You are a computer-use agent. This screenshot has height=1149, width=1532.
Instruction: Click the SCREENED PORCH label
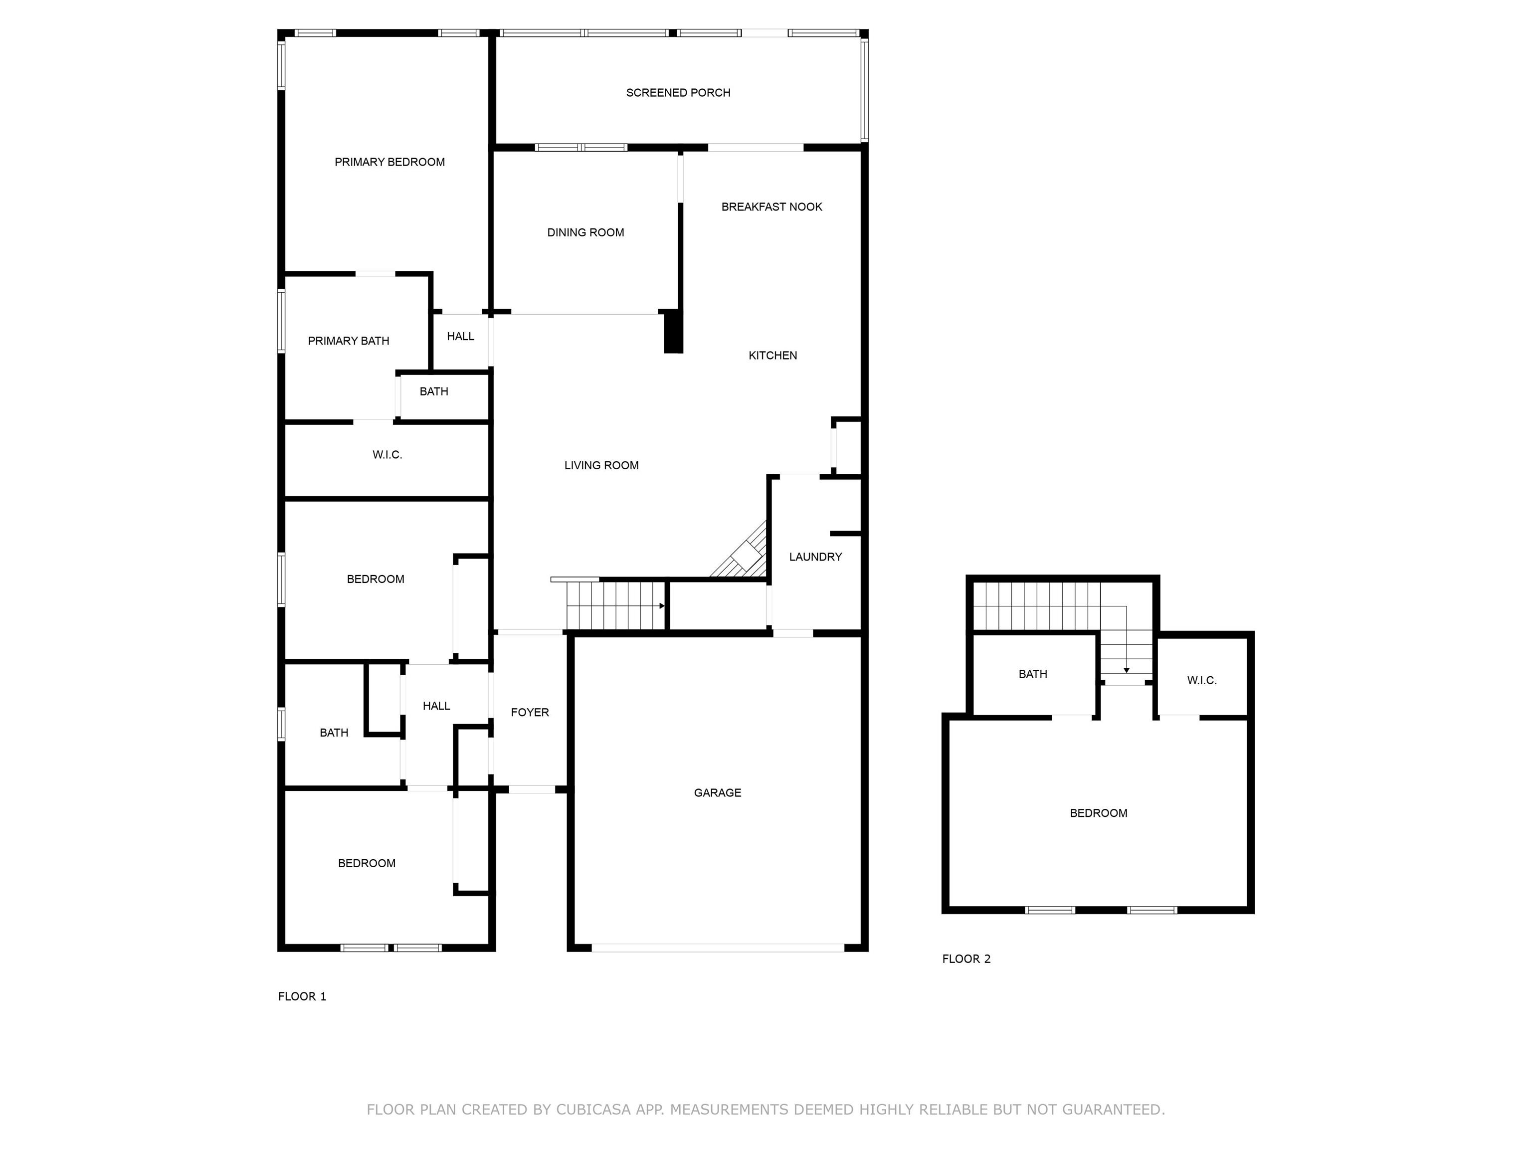tap(678, 93)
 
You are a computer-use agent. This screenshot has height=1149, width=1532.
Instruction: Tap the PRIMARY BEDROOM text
tap(390, 162)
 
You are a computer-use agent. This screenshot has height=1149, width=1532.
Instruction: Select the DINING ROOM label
tap(586, 233)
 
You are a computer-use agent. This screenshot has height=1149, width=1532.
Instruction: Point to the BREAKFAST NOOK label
tap(771, 207)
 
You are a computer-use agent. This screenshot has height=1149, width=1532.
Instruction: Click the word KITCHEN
tap(773, 355)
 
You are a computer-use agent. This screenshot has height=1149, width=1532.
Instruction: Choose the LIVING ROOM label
tap(601, 465)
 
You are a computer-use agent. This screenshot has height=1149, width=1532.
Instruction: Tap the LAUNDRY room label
tap(815, 557)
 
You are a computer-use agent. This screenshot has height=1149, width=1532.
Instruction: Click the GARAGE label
tap(718, 793)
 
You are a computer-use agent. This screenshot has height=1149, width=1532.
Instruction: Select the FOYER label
tap(530, 713)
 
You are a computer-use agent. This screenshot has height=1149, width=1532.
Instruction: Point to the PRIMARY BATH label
tap(349, 341)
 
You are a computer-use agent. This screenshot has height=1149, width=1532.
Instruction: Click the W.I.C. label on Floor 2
tap(1202, 681)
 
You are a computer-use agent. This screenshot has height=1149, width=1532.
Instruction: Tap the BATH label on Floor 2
tap(1033, 674)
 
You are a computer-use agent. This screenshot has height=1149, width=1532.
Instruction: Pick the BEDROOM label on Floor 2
tap(1099, 813)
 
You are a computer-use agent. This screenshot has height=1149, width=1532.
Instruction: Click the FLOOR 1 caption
tap(302, 996)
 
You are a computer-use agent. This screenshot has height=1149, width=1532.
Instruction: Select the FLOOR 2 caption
tap(966, 959)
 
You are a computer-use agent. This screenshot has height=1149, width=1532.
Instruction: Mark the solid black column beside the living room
tap(673, 333)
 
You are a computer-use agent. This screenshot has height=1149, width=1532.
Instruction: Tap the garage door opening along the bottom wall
tap(718, 948)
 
